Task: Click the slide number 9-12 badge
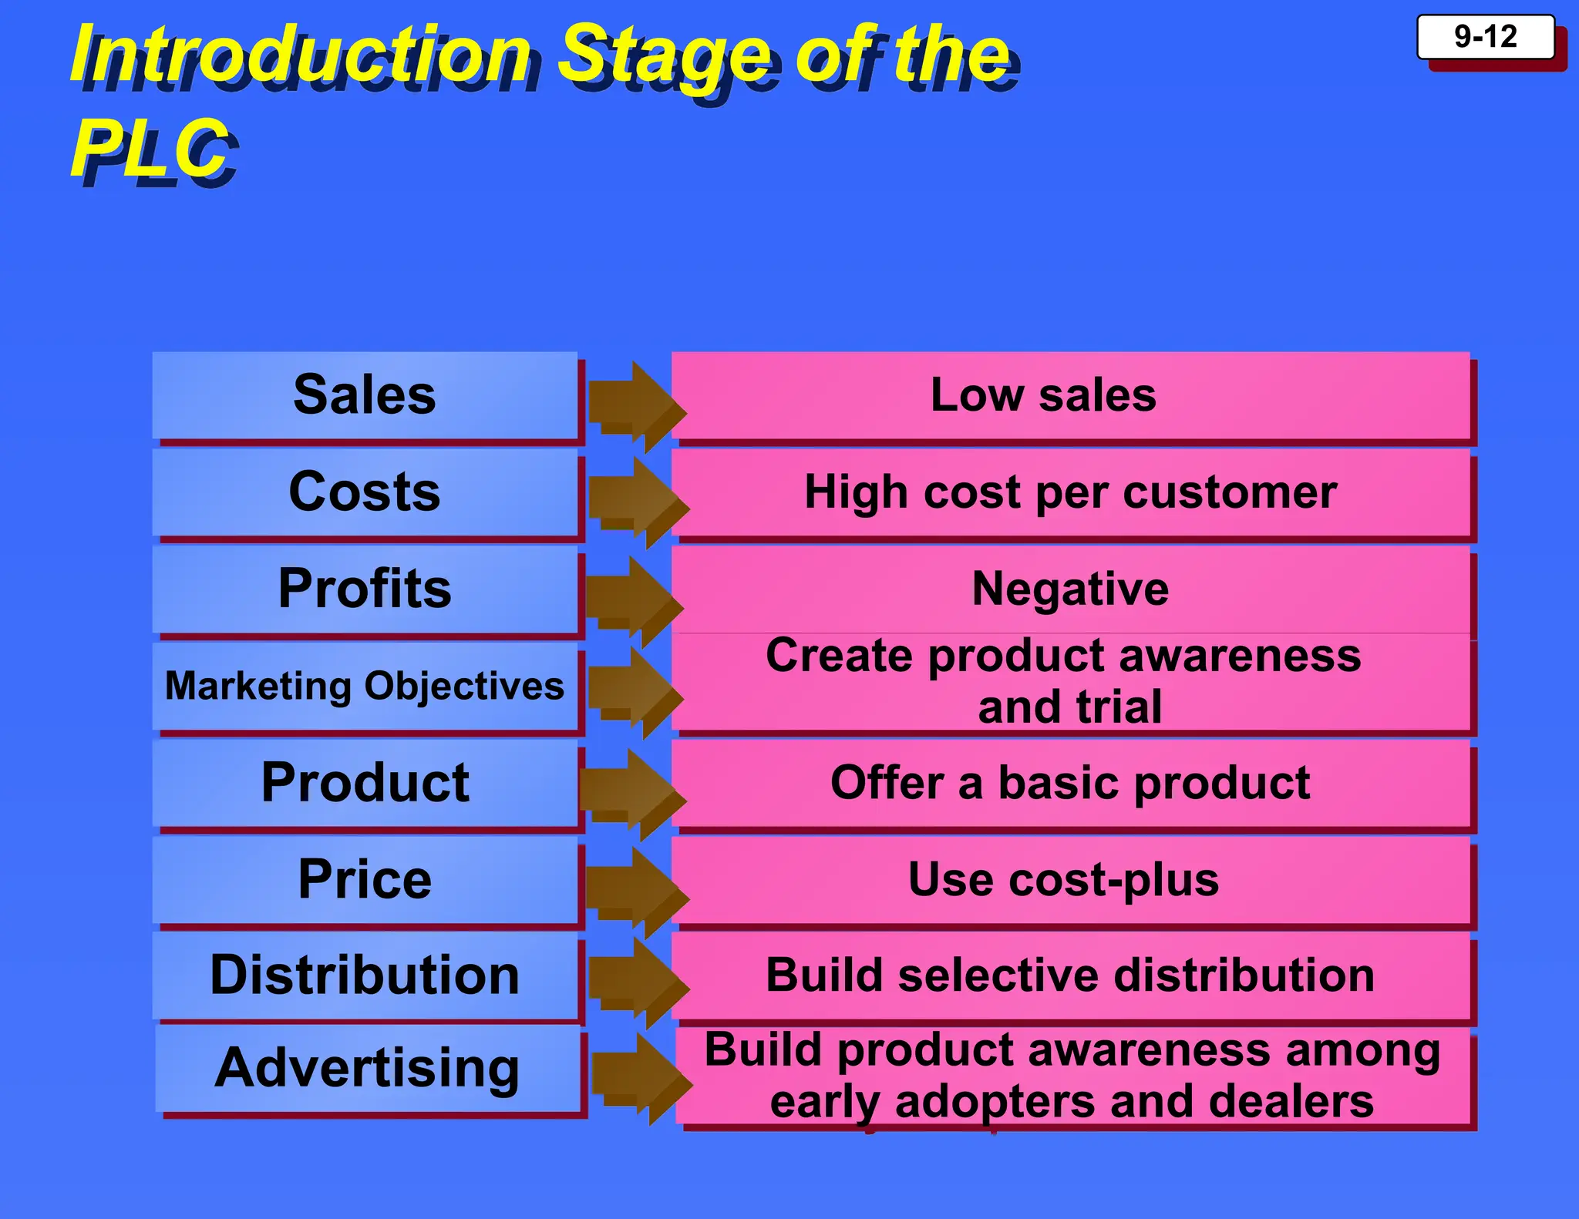point(1485,37)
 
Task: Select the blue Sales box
point(365,395)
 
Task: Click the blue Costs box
point(365,492)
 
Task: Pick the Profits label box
point(365,589)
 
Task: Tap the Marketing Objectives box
point(365,686)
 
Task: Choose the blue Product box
point(365,783)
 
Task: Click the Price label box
point(365,879)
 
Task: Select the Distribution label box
point(365,976)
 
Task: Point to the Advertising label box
point(367,1068)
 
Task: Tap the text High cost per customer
point(1070,492)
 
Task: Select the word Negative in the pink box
point(1070,589)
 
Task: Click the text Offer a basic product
point(1070,783)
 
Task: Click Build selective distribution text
point(1070,976)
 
